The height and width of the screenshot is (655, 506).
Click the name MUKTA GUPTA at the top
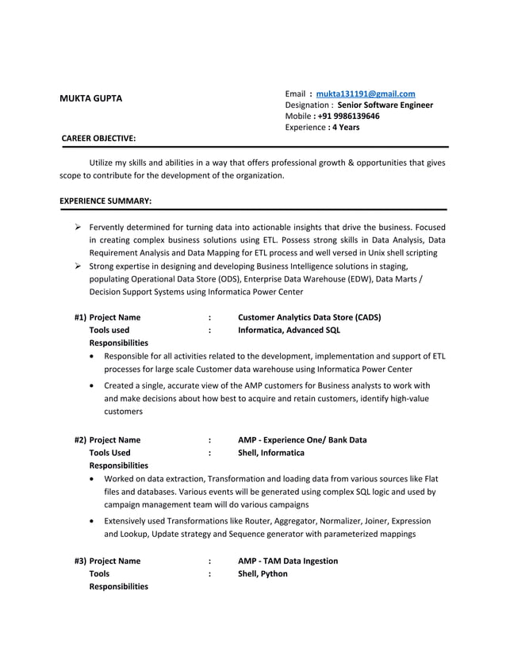coord(91,98)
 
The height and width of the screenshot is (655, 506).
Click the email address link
coord(366,94)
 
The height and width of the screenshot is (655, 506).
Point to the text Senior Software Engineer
coord(385,105)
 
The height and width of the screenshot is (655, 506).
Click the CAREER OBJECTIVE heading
coord(99,139)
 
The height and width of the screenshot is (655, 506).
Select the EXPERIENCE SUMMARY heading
coord(105,201)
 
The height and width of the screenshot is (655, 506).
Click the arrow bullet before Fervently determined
coord(79,227)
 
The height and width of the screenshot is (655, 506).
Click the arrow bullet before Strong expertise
coord(79,266)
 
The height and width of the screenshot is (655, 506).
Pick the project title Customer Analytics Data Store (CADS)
coord(309,317)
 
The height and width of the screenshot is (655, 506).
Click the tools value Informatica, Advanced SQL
coord(289,330)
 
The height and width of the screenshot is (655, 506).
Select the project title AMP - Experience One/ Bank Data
coord(302,440)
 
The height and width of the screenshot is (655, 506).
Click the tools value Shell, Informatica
coord(271,453)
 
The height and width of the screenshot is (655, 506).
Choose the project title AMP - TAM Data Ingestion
coord(288,561)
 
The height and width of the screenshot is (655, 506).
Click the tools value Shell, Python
coord(263,573)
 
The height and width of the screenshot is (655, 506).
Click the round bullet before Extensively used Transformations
coord(95,522)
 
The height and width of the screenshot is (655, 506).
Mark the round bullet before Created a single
coord(95,386)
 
